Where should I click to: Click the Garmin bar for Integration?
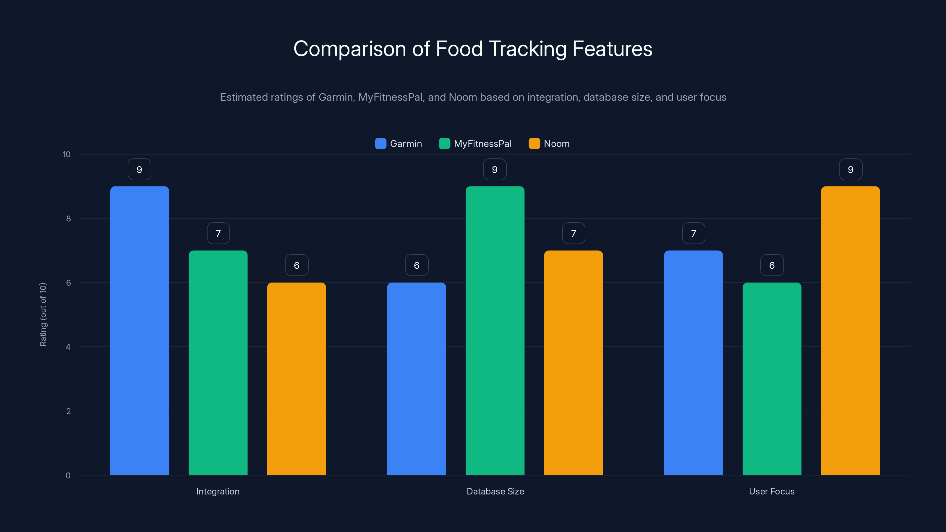(140, 330)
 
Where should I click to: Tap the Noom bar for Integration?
(296, 379)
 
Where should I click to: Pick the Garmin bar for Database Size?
(417, 379)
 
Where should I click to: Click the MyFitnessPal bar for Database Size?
(495, 330)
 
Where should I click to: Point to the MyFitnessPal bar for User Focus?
(772, 379)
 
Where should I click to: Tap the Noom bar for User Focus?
(850, 330)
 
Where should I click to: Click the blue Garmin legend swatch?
(380, 144)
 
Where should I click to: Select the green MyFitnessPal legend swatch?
(444, 144)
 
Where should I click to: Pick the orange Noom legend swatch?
(534, 144)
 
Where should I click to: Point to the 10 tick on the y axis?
(67, 155)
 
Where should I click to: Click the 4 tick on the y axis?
(68, 347)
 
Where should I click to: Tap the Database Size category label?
(495, 491)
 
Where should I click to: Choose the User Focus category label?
(772, 491)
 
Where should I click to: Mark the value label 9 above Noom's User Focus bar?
(851, 170)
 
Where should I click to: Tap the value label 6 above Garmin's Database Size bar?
(417, 265)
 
